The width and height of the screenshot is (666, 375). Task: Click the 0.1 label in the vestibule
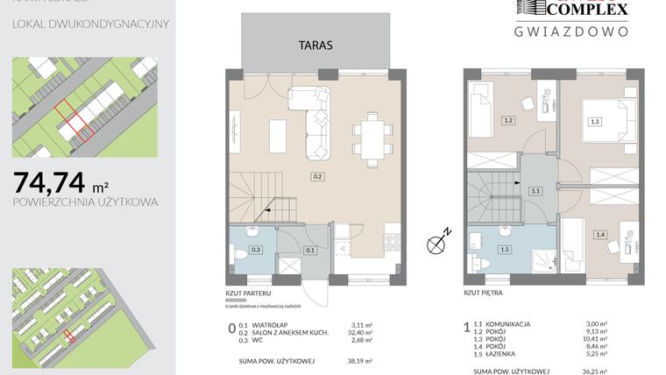pyautogui.click(x=309, y=251)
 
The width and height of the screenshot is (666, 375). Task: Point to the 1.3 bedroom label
pyautogui.click(x=594, y=122)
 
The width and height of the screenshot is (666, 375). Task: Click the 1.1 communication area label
pyautogui.click(x=535, y=190)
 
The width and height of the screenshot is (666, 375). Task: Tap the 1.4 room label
pyautogui.click(x=599, y=234)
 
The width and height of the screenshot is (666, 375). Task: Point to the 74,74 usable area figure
pyautogui.click(x=50, y=182)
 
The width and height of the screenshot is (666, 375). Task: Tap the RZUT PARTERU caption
pyautogui.click(x=248, y=294)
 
